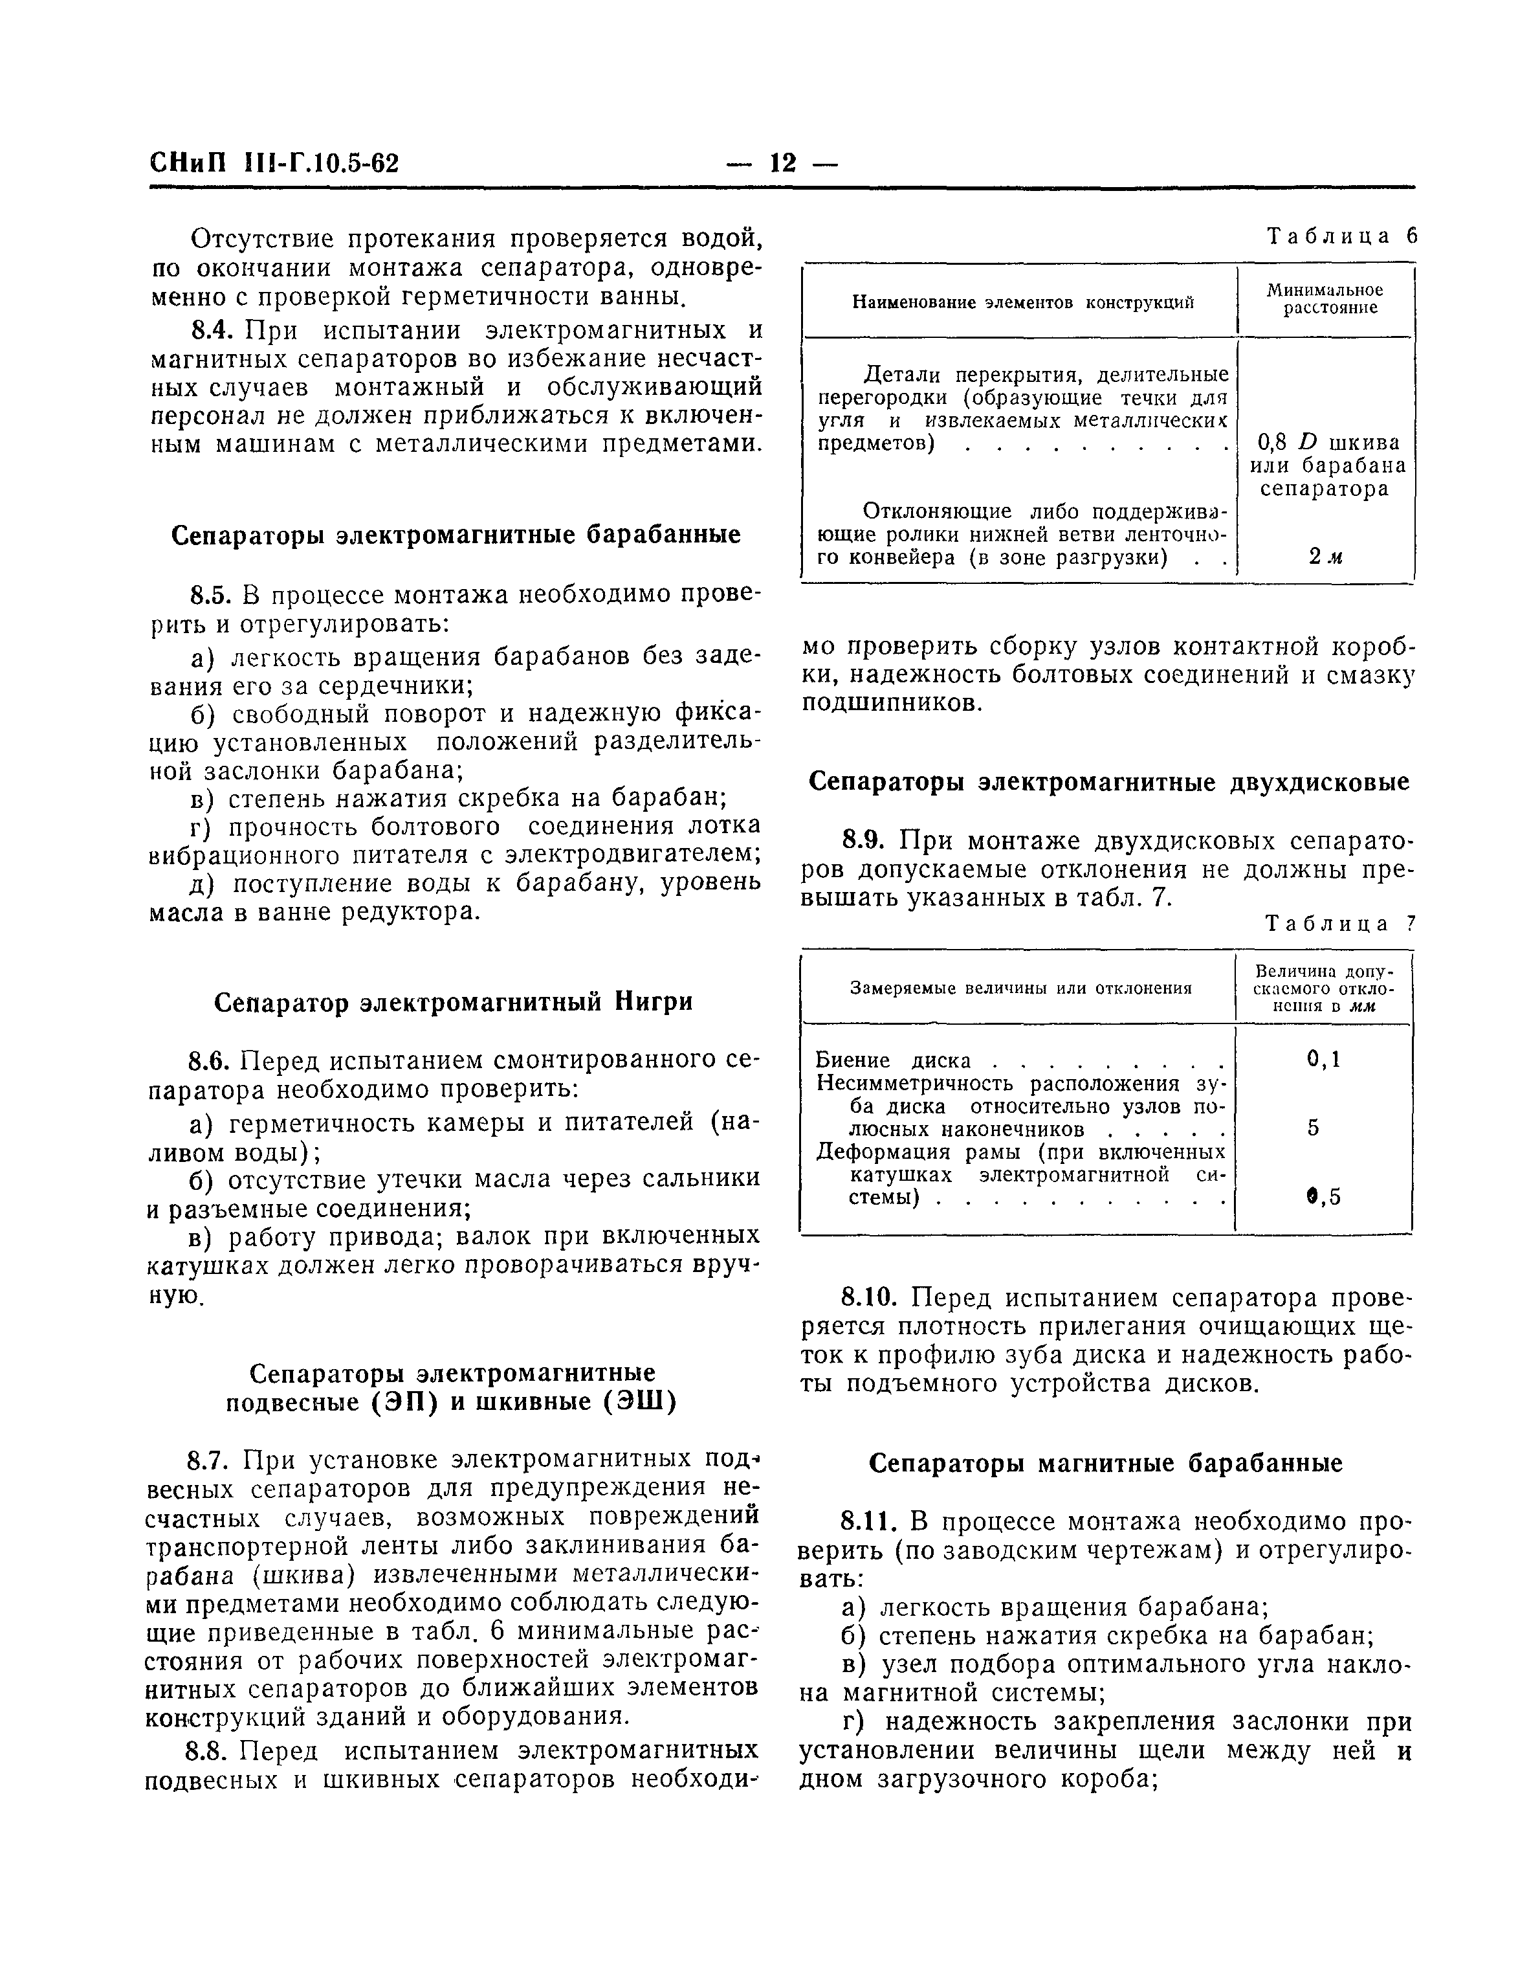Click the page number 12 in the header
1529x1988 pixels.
(782, 163)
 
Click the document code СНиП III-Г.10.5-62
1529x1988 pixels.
(274, 164)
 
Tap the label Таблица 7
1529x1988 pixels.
(1341, 924)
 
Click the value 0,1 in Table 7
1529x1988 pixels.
(1323, 1058)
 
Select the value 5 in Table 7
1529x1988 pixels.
(1314, 1128)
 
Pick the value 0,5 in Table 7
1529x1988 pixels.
(1323, 1198)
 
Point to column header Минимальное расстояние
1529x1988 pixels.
(1325, 298)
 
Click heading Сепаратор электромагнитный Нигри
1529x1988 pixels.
(453, 1002)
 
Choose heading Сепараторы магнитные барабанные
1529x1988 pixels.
(1106, 1463)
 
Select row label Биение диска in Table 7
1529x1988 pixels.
(894, 1060)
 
